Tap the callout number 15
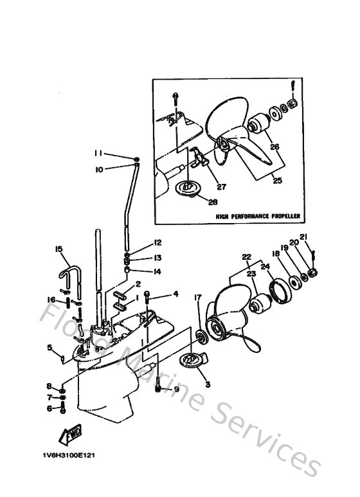58,249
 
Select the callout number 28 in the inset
213,201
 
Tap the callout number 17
198,297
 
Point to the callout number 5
49,348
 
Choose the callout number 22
245,256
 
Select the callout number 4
175,294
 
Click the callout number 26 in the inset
276,147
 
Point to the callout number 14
157,271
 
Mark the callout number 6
49,407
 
